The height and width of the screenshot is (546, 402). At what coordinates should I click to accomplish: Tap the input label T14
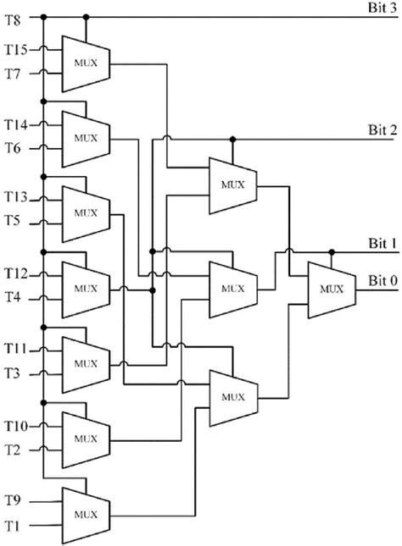click(18, 125)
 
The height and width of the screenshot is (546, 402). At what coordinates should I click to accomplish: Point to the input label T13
click(18, 198)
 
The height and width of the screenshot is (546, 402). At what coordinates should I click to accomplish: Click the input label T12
click(18, 273)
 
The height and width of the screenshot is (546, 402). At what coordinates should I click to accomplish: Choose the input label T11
click(18, 348)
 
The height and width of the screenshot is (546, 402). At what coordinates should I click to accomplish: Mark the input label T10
click(18, 422)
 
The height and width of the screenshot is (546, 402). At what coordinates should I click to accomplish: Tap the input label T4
click(14, 297)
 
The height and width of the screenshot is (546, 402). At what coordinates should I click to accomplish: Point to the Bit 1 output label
click(380, 243)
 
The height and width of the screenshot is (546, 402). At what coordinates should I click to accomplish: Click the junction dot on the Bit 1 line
click(332, 251)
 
